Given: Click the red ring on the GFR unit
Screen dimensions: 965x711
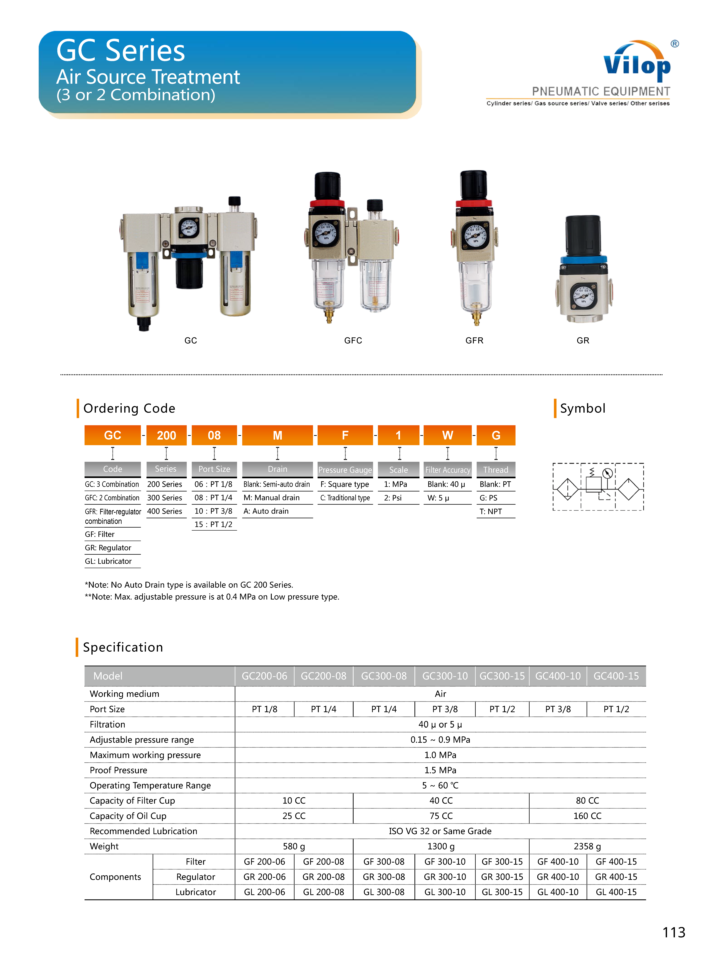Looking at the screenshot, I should tap(474, 203).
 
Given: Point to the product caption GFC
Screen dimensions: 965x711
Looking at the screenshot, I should tap(353, 340).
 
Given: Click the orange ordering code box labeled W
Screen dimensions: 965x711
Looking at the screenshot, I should tap(448, 435).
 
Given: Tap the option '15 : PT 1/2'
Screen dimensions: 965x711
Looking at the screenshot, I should tap(214, 524).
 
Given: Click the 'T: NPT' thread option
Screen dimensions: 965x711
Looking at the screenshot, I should tap(491, 511).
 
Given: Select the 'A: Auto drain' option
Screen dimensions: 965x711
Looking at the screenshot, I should tap(266, 511).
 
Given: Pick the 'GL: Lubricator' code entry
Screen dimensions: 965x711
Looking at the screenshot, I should tap(108, 561).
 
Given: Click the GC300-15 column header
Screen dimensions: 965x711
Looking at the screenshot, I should tap(502, 676).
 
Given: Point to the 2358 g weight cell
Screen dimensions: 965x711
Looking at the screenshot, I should tap(587, 846).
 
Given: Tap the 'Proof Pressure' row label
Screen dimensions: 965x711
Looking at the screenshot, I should tap(118, 770).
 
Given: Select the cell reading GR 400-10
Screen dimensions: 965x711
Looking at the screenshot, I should tap(558, 877).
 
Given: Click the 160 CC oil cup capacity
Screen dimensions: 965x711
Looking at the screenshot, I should tap(587, 816).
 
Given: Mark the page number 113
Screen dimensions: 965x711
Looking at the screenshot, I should tap(674, 932).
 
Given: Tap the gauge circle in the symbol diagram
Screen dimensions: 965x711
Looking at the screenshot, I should tap(607, 473).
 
